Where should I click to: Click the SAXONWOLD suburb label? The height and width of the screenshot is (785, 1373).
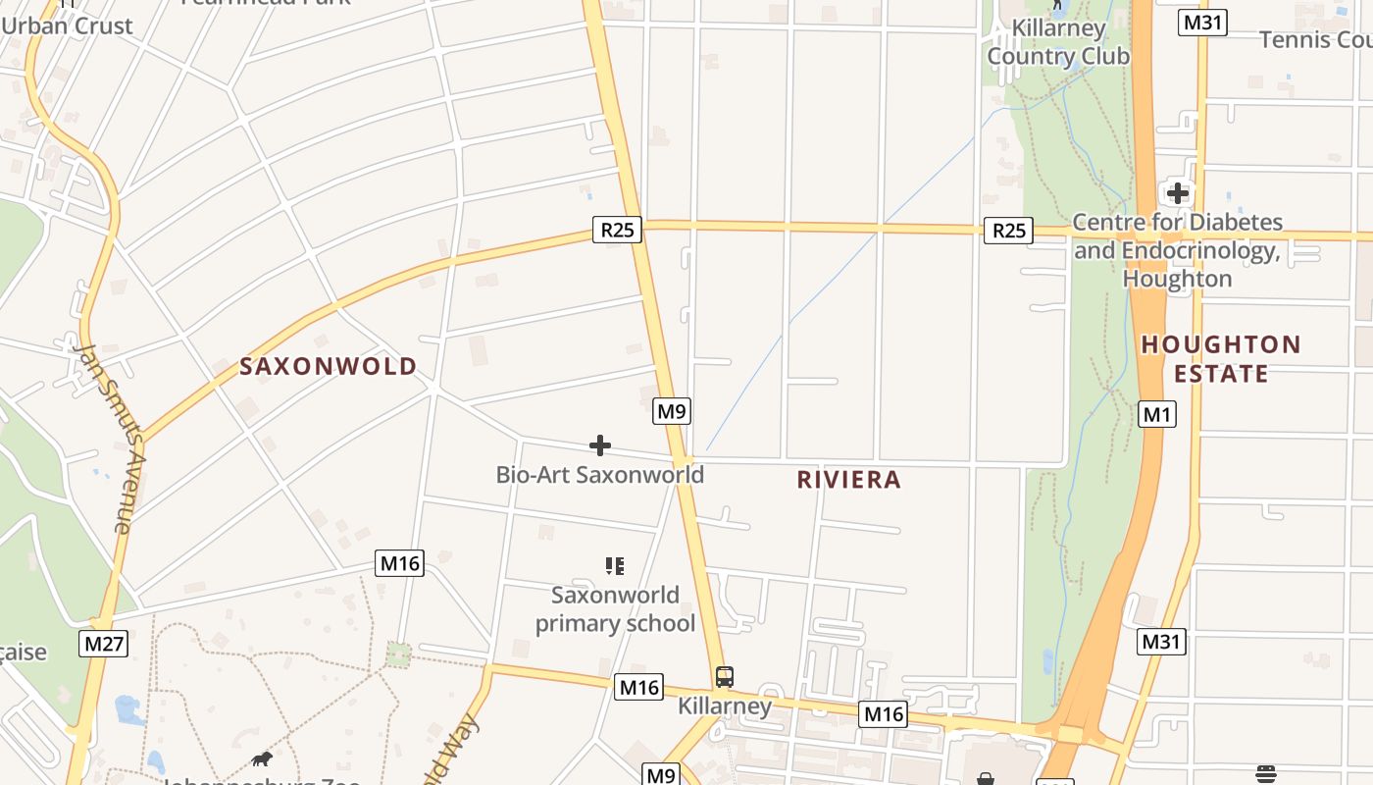(329, 367)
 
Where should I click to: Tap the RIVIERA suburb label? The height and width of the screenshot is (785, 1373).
(848, 480)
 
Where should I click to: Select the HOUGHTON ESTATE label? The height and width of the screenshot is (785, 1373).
(1221, 359)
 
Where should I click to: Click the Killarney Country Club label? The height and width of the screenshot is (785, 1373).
(1058, 42)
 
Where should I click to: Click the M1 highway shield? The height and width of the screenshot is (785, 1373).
(1157, 415)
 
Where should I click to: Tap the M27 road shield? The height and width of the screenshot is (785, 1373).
(103, 645)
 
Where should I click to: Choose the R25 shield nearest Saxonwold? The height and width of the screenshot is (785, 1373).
(617, 231)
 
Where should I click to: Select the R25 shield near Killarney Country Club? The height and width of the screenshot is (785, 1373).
(1009, 231)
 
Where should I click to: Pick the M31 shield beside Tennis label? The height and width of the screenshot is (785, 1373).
(1202, 23)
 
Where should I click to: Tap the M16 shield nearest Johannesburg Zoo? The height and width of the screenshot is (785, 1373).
(399, 563)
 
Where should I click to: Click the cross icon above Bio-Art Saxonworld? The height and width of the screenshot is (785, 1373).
(600, 446)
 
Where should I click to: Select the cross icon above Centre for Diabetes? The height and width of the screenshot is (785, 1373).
(1177, 193)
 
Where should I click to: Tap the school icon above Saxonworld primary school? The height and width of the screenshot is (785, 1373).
(615, 565)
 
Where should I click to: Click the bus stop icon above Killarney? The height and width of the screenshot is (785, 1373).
(725, 677)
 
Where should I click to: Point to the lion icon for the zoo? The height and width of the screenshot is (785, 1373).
(262, 759)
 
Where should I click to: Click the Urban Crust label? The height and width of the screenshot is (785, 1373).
(67, 26)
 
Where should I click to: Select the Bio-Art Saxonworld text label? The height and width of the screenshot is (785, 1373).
(600, 475)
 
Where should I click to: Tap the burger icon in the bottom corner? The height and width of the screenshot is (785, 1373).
(1265, 773)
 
